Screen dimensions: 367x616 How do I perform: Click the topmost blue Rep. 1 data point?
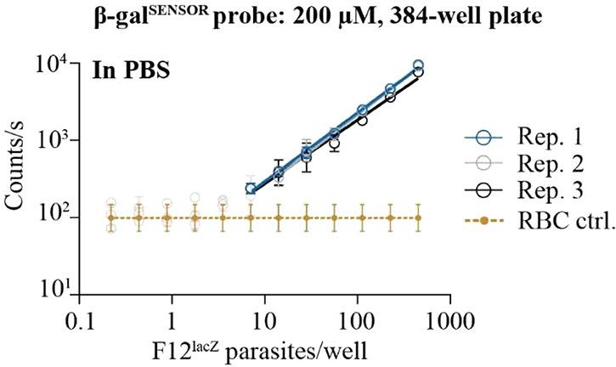pos(418,65)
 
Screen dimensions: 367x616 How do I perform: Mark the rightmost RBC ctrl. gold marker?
pos(418,217)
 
